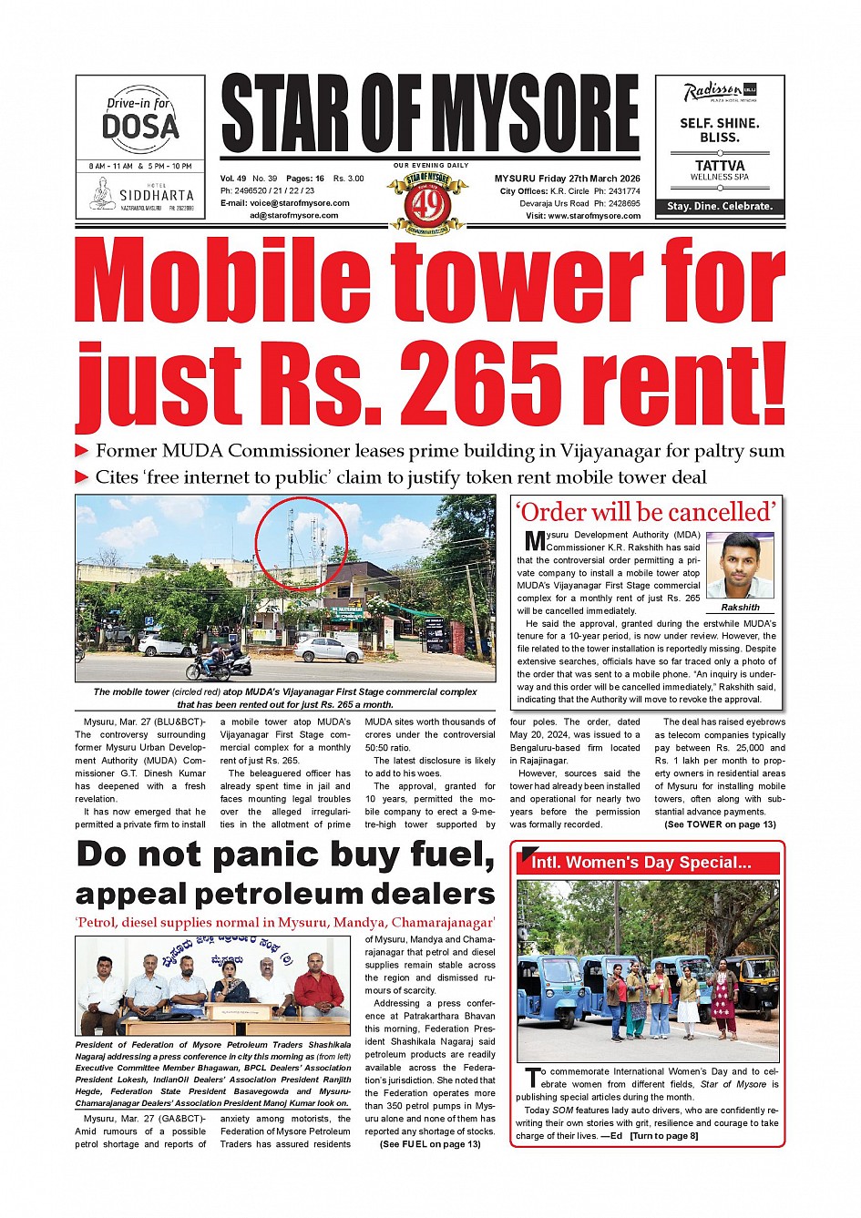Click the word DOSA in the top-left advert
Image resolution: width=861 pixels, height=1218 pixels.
pyautogui.click(x=140, y=127)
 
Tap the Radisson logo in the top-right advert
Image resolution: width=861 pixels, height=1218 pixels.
pyautogui.click(x=713, y=91)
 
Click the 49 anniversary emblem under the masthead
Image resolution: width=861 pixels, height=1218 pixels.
pyautogui.click(x=428, y=202)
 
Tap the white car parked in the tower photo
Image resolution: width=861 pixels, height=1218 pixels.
pyautogui.click(x=329, y=650)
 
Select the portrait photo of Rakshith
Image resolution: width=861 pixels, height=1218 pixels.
pyautogui.click(x=740, y=566)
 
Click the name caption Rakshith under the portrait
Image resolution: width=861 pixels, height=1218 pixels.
pyautogui.click(x=740, y=607)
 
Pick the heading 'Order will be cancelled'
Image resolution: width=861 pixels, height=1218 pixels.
pyautogui.click(x=646, y=512)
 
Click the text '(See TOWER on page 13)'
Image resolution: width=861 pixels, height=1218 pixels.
pyautogui.click(x=720, y=824)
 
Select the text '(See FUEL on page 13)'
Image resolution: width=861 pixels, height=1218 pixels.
pyautogui.click(x=430, y=1144)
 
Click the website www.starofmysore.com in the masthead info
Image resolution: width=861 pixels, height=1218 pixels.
pyautogui.click(x=593, y=216)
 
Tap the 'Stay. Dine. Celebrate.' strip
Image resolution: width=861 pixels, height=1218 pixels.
pyautogui.click(x=720, y=207)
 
